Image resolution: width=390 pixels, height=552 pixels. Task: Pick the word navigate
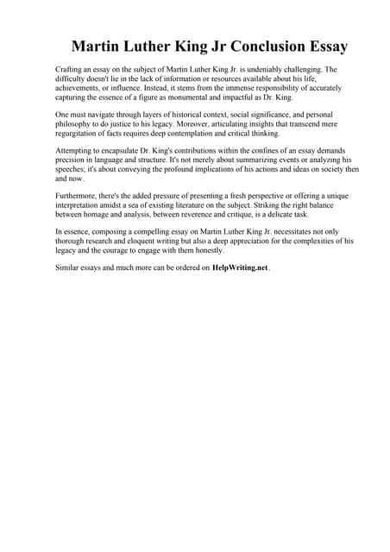(105, 115)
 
